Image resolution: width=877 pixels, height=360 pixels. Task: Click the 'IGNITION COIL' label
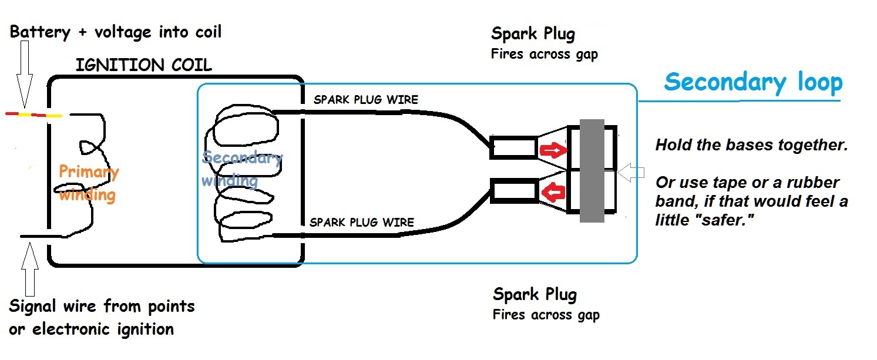[143, 65]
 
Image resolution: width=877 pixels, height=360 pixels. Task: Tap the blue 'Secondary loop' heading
[753, 83]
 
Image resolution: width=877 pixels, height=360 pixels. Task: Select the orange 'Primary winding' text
[88, 183]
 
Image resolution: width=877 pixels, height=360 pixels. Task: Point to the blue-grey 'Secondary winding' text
[241, 169]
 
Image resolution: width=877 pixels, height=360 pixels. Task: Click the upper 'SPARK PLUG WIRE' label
[365, 100]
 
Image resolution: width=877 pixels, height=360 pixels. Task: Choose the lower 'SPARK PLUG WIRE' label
[361, 223]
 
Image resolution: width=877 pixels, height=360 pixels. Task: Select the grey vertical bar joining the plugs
[592, 171]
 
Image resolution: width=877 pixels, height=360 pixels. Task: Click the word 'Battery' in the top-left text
[39, 32]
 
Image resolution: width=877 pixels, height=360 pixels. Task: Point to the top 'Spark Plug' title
[533, 34]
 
